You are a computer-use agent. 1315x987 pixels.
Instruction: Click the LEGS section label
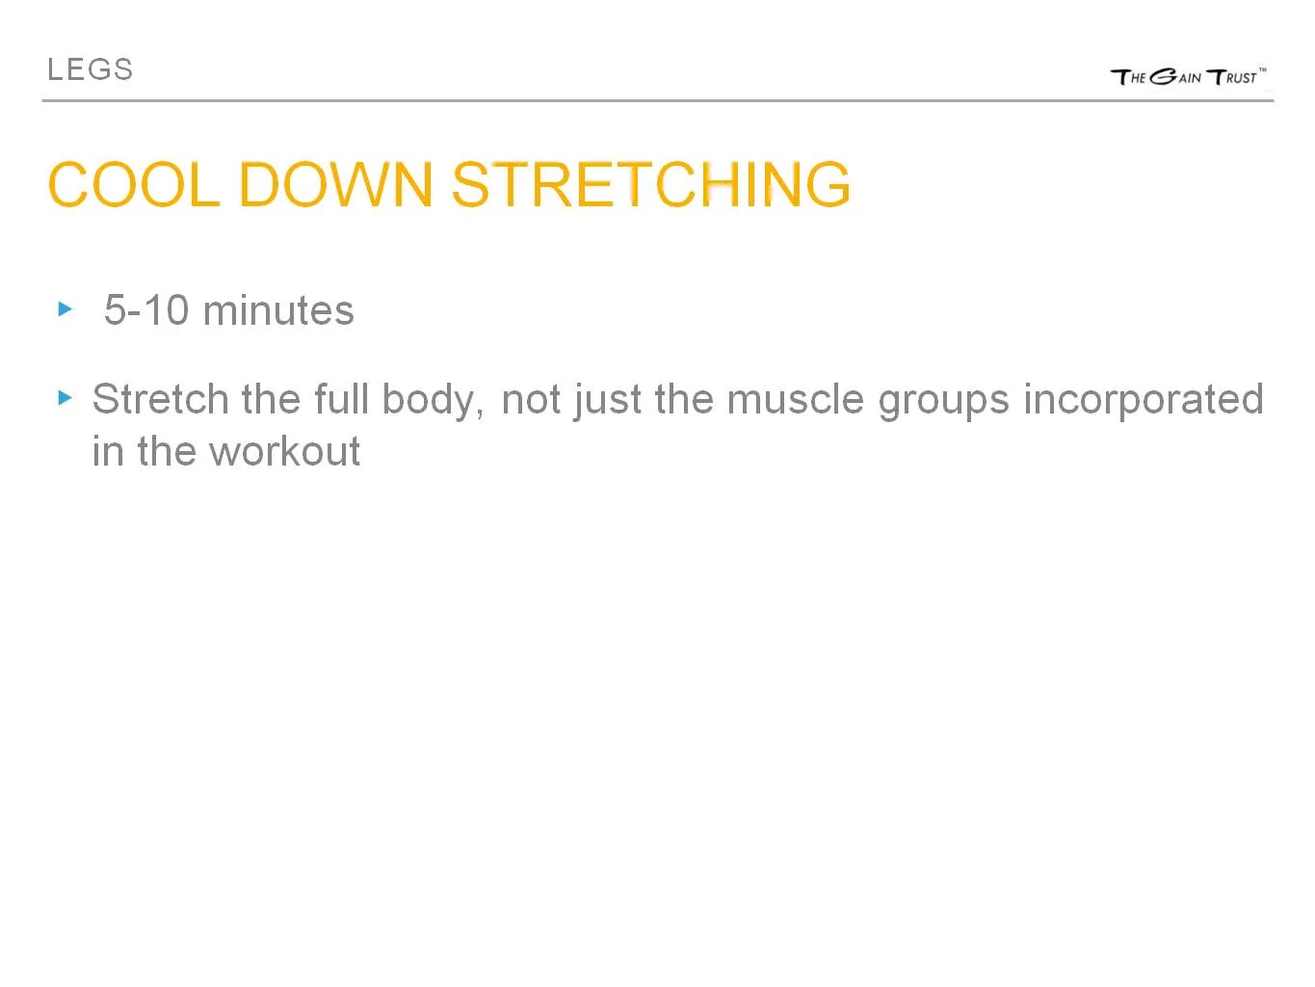pos(90,69)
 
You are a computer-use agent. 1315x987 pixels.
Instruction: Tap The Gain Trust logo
pos(1187,76)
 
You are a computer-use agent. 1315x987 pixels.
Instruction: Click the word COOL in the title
pos(133,184)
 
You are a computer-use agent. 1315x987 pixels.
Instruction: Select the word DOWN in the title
pos(335,184)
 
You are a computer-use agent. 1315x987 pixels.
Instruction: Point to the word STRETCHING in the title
pos(651,184)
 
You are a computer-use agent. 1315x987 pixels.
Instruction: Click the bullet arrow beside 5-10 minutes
pos(66,309)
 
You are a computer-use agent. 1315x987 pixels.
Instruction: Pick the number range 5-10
pos(145,310)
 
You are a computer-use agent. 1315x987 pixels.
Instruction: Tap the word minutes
pos(278,310)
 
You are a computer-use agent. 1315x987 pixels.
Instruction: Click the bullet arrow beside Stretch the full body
pos(66,397)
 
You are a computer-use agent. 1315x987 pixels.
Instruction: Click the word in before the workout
pos(107,451)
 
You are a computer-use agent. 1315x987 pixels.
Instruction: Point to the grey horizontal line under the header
pos(657,100)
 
